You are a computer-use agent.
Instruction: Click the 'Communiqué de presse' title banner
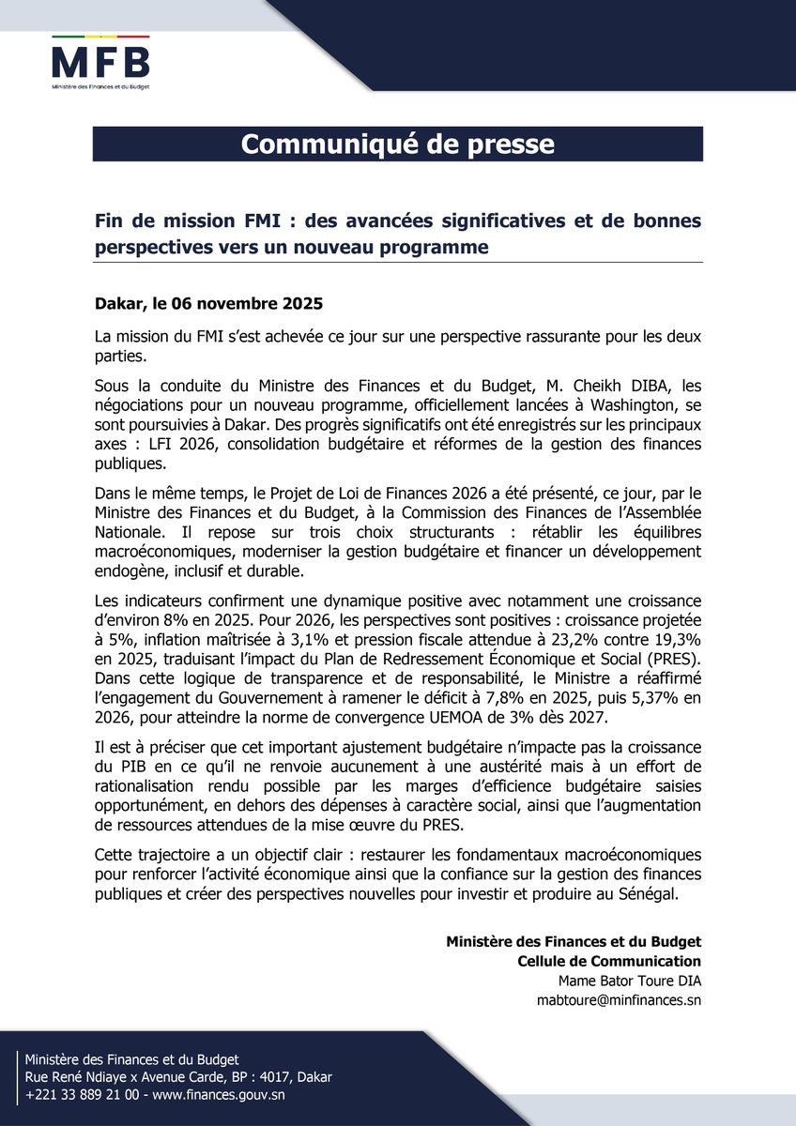click(397, 145)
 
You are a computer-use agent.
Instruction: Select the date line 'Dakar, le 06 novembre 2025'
click(208, 304)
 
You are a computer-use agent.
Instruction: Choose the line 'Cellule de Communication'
click(609, 961)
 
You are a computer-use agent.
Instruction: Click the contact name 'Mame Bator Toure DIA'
click(629, 981)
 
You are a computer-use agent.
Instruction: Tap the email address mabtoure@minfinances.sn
click(619, 1000)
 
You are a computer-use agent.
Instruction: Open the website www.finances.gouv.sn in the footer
click(232, 1094)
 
